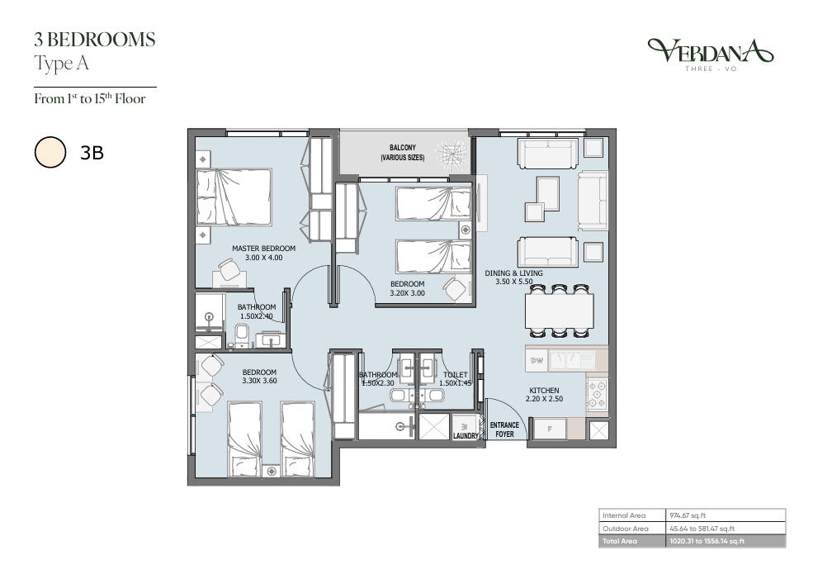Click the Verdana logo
coord(711,54)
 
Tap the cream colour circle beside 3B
coord(50,153)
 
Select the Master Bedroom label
coord(263,249)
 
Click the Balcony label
coord(403,148)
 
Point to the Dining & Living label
coord(514,273)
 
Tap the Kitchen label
coord(544,391)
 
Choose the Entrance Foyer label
coord(504,429)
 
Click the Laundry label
coord(466,436)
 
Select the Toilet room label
coord(456,375)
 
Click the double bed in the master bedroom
coord(234,197)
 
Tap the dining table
coord(560,311)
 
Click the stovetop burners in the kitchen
coord(598,395)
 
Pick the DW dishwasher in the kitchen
coord(537,360)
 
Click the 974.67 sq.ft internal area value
coord(688,515)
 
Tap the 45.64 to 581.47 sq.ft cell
coord(702,529)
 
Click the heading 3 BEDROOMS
coord(95,40)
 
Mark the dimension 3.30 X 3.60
coord(259,381)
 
